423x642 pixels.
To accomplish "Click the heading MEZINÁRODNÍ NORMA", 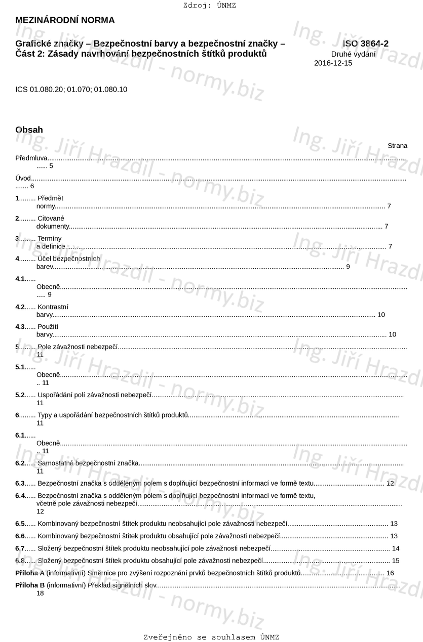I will pyautogui.click(x=65, y=20).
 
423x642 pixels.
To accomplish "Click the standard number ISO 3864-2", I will pyautogui.click(x=365, y=44).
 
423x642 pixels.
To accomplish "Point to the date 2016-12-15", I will pyautogui.click(x=333, y=63).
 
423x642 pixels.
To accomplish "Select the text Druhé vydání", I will pyautogui.click(x=353, y=54).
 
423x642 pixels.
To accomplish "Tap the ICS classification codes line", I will pyautogui.click(x=71, y=90).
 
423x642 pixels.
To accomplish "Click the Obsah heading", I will pyautogui.click(x=29, y=130).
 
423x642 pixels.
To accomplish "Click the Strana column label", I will pyautogui.click(x=397, y=146).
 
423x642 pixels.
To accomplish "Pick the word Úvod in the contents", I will pyautogui.click(x=23, y=178).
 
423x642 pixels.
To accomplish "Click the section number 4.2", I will pyautogui.click(x=20, y=307).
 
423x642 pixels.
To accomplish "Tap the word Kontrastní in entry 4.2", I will pyautogui.click(x=53, y=307).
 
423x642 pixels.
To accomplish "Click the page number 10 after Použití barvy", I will pyautogui.click(x=392, y=334).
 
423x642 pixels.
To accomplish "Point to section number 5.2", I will pyautogui.click(x=20, y=395).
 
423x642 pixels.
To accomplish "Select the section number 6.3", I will pyautogui.click(x=20, y=483).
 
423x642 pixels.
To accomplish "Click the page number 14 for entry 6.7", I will pyautogui.click(x=396, y=548).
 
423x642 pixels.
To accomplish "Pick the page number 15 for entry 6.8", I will pyautogui.click(x=396, y=561).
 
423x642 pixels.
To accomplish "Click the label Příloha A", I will pyautogui.click(x=30, y=573).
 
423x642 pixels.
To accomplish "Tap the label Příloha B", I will pyautogui.click(x=30, y=585).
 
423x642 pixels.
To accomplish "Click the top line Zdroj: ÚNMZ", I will pyautogui.click(x=210, y=6).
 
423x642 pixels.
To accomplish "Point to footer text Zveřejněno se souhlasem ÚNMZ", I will pyautogui.click(x=211, y=637).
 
